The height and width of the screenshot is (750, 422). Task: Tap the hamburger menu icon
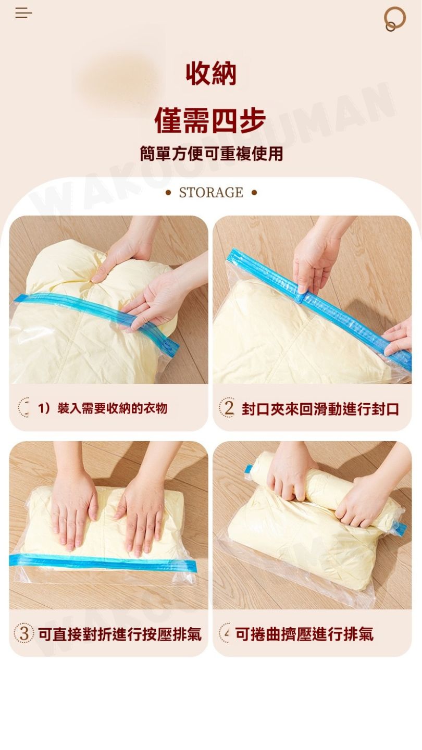tap(23, 12)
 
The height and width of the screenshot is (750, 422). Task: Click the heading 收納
tap(211, 73)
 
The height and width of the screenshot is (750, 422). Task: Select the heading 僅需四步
tap(210, 120)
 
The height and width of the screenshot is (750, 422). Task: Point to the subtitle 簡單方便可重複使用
tap(212, 154)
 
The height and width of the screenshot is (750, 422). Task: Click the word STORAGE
tap(211, 193)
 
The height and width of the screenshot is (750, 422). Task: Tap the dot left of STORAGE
tap(168, 193)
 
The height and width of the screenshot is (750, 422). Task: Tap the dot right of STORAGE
tap(254, 193)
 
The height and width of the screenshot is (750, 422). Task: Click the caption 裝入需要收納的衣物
tap(113, 408)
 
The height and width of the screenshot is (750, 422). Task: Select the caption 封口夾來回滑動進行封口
tap(320, 409)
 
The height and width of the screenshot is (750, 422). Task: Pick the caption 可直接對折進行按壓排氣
tap(120, 634)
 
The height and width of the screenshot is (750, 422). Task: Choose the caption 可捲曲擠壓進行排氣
tap(304, 634)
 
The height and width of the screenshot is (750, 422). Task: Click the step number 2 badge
tap(227, 408)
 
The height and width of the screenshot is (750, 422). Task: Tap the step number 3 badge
tap(24, 633)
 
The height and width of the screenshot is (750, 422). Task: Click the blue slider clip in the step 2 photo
tap(300, 297)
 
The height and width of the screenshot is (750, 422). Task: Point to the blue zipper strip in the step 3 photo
tap(103, 563)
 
